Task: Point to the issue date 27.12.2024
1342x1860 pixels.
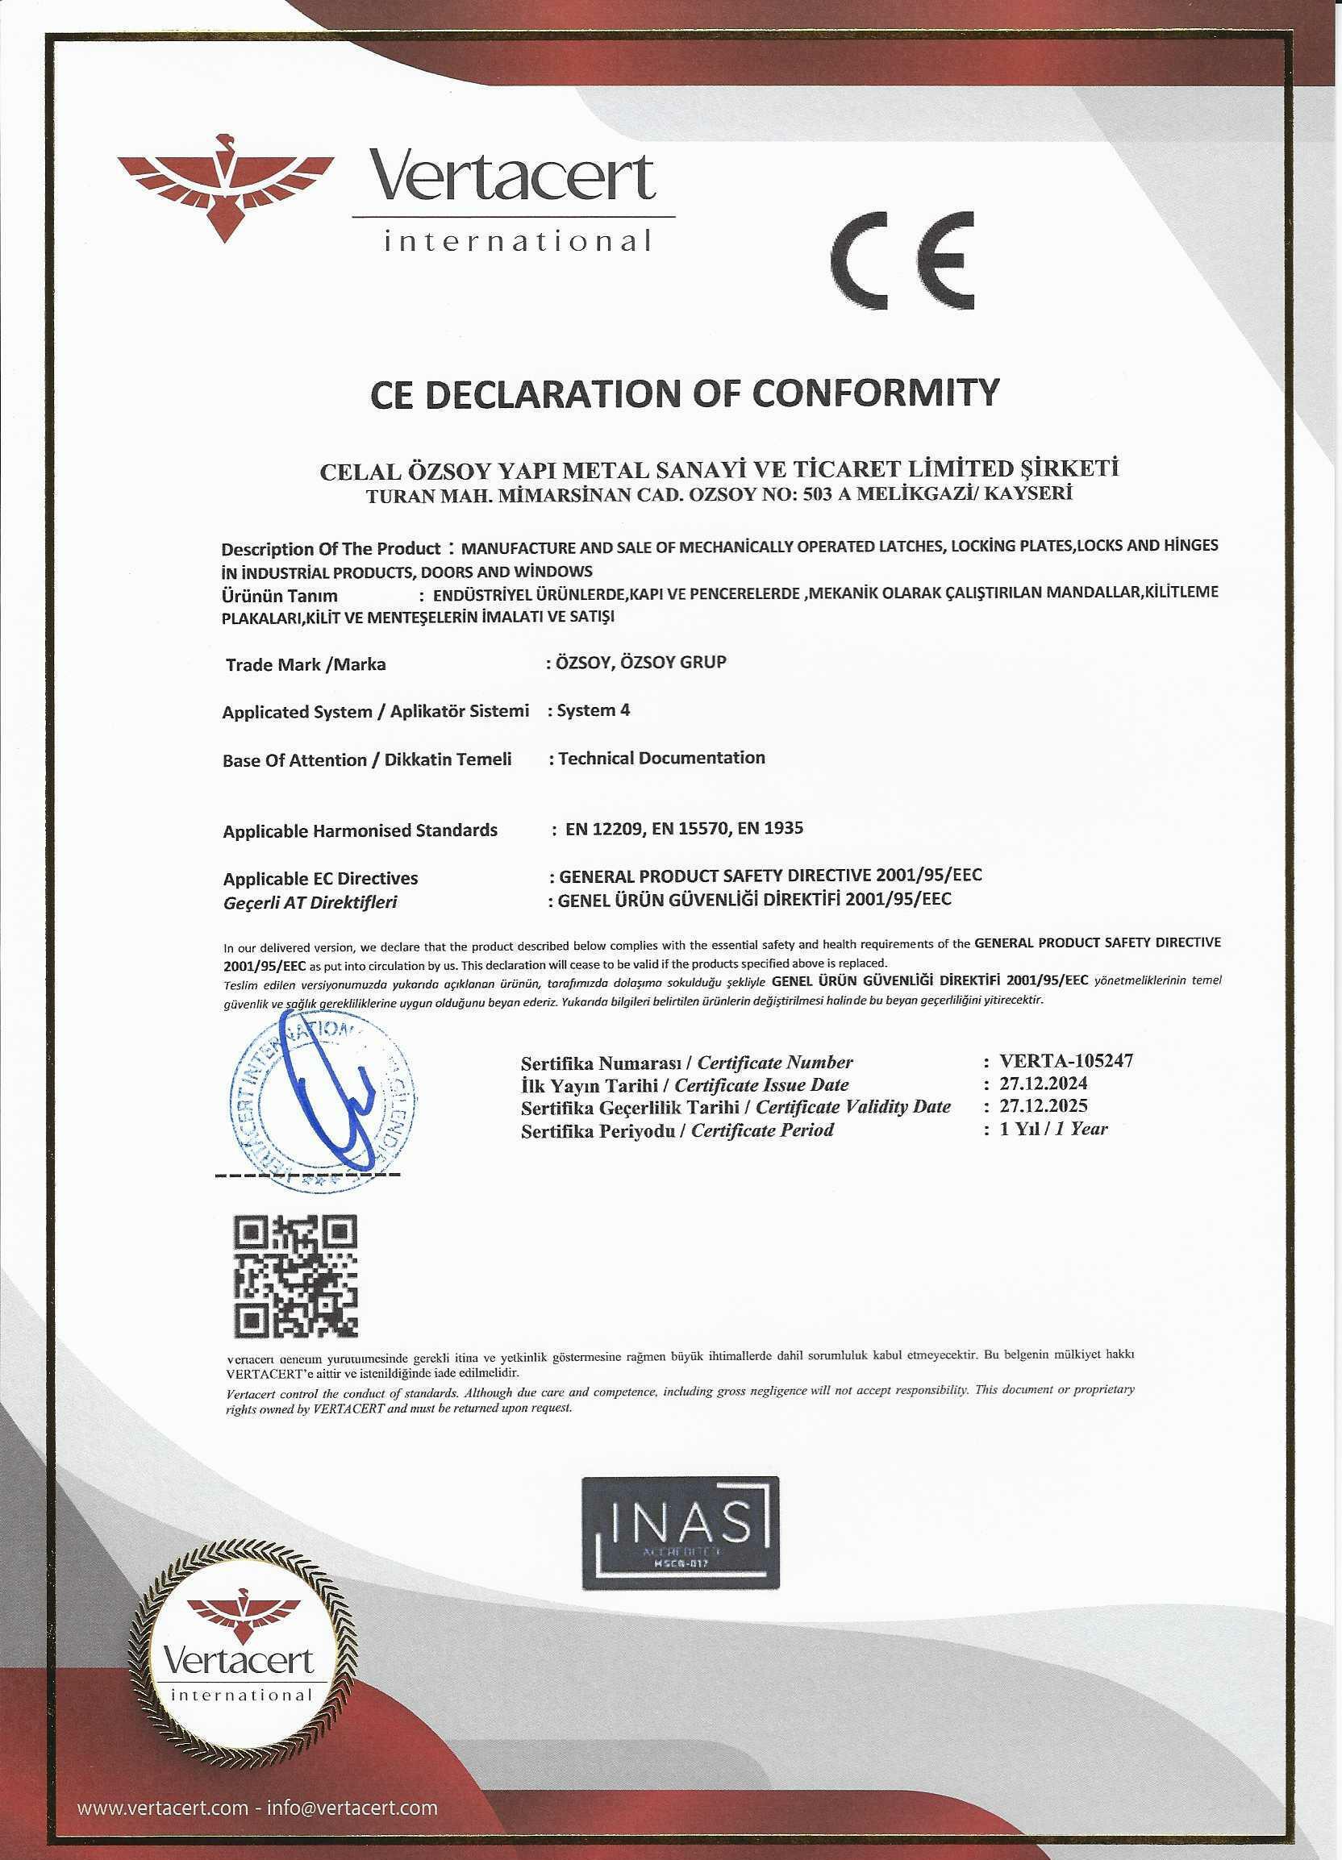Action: pos(1044,1084)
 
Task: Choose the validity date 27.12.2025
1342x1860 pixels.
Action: pos(1044,1105)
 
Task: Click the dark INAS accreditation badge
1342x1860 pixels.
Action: pos(680,1533)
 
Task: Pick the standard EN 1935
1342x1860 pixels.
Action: pos(770,828)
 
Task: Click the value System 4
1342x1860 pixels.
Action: pos(593,710)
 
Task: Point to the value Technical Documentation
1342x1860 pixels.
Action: pos(661,758)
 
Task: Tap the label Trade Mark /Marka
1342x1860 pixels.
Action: pos(305,664)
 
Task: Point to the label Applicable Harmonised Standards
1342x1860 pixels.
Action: pos(361,830)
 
